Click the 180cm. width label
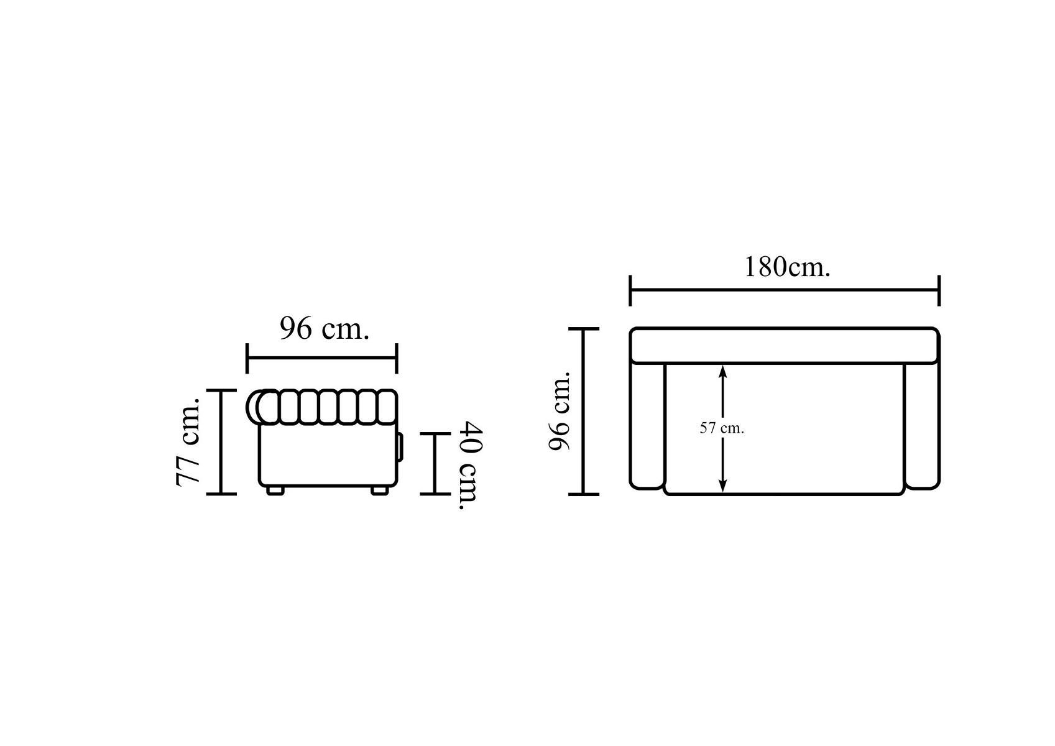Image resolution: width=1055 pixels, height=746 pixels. (x=787, y=267)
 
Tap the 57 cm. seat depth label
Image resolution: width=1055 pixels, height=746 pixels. (x=722, y=428)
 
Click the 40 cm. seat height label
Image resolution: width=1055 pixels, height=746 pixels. (x=471, y=466)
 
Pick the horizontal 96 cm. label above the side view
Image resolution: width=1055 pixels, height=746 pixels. (x=325, y=328)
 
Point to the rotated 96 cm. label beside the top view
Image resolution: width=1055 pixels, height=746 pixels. (x=560, y=411)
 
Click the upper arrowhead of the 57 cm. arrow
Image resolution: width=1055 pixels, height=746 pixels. (x=723, y=371)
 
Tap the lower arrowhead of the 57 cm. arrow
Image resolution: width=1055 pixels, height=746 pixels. (x=723, y=486)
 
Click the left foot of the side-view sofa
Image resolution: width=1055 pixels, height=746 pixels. (x=275, y=490)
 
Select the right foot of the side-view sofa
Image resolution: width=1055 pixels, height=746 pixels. (x=380, y=490)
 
